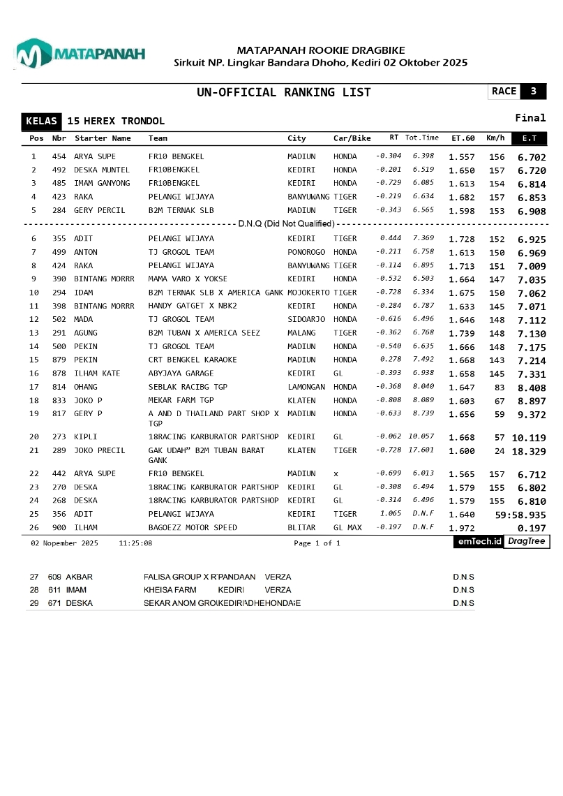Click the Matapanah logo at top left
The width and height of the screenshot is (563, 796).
[80, 54]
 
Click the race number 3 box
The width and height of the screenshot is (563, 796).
[534, 91]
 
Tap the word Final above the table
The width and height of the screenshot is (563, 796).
[530, 118]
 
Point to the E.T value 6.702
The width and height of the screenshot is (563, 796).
[532, 157]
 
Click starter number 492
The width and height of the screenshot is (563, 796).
[59, 170]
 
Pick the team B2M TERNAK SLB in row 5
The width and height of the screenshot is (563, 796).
[181, 210]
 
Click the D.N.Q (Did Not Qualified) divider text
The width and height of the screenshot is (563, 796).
[286, 224]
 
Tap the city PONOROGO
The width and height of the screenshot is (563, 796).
[306, 252]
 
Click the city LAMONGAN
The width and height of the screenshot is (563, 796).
[306, 387]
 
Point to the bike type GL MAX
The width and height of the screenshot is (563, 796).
[347, 528]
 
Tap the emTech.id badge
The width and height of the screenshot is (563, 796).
[478, 542]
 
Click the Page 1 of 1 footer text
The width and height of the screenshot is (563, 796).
[317, 543]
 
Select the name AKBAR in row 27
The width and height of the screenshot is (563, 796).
[80, 577]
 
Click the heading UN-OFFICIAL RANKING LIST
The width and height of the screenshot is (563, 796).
[284, 92]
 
